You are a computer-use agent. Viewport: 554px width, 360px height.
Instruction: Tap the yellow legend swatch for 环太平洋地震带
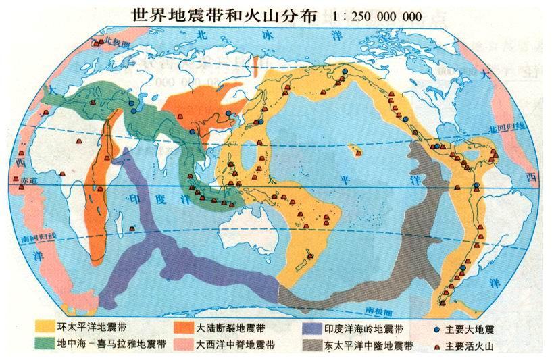47,329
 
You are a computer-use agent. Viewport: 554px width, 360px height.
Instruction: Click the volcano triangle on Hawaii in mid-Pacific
357,154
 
